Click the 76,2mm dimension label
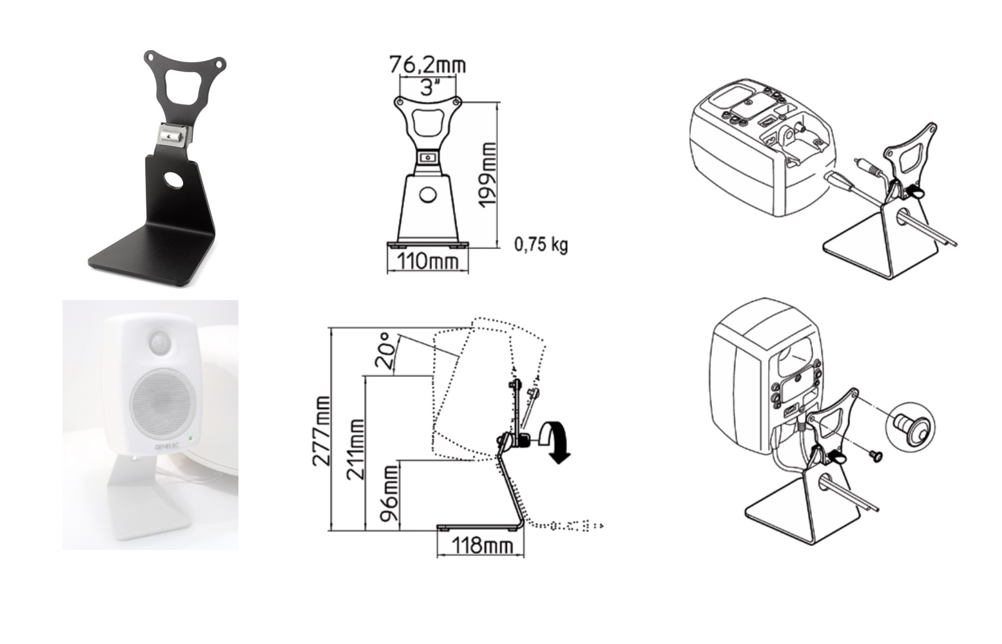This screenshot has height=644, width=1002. click(428, 65)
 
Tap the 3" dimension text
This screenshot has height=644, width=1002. click(428, 88)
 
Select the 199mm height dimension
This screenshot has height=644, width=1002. click(488, 175)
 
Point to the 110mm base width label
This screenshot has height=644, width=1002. click(428, 261)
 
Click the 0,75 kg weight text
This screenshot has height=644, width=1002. click(541, 245)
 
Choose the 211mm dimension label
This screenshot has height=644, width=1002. click(356, 450)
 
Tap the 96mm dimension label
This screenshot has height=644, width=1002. click(389, 493)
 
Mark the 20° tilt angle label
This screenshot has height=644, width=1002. click(387, 351)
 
